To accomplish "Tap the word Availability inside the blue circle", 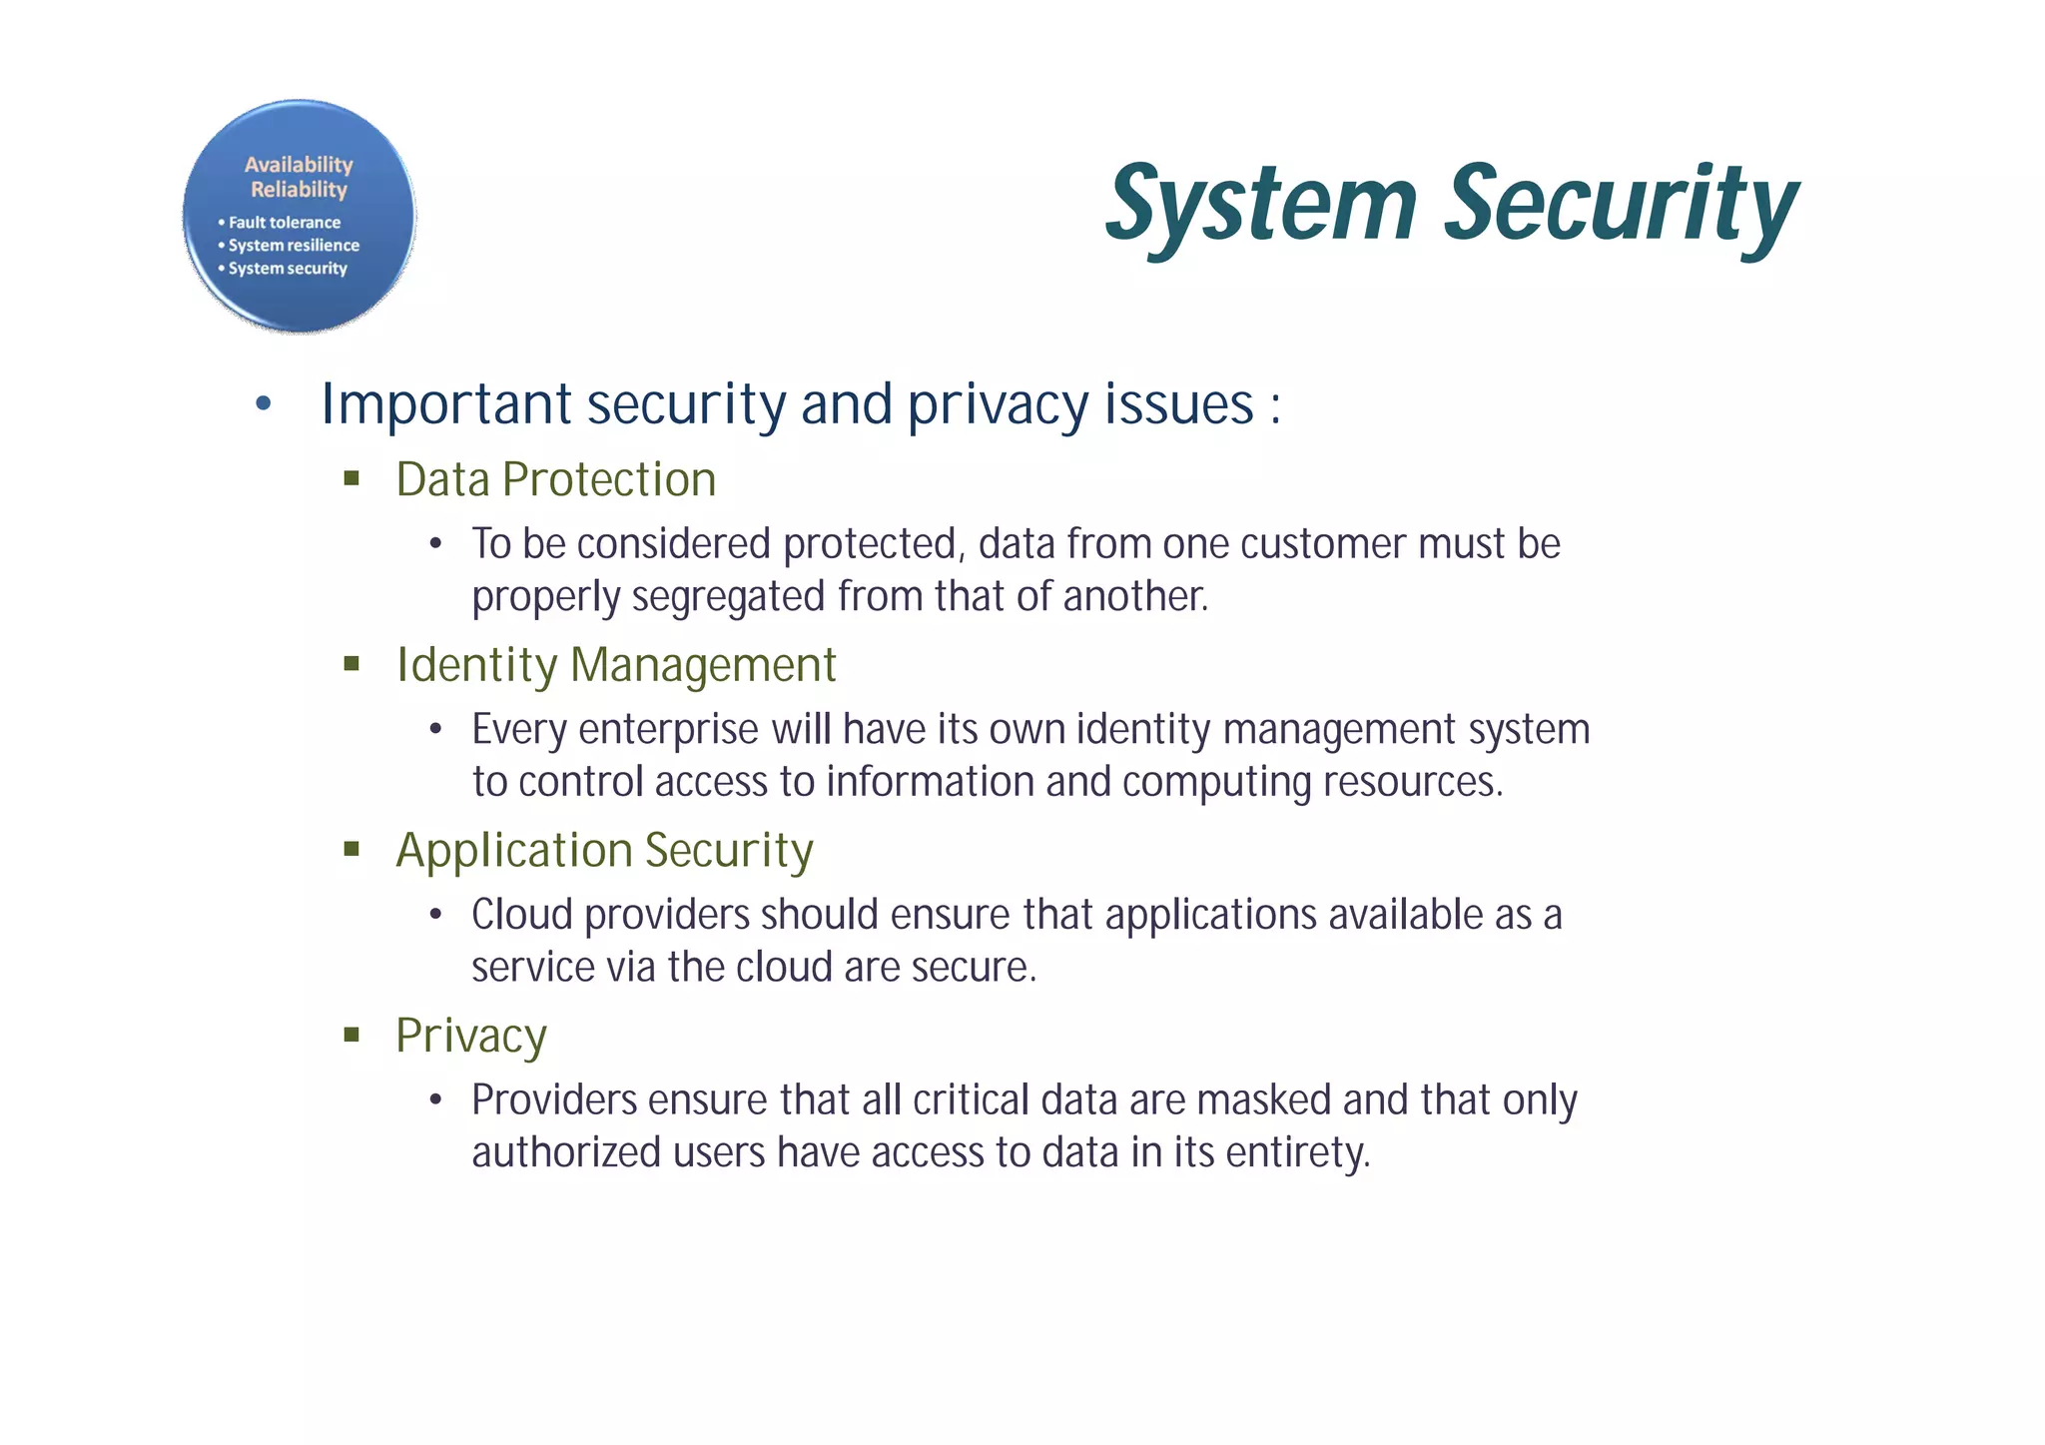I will tap(299, 165).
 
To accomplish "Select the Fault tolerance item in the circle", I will tap(284, 223).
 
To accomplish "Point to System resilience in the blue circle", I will tap(293, 246).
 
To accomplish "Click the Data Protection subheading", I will tap(555, 480).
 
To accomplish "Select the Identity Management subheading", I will tap(615, 666).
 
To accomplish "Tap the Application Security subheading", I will tap(604, 851).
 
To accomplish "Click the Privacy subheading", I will tap(470, 1037).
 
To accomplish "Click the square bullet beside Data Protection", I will tap(351, 478).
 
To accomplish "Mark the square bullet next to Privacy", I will tap(351, 1035).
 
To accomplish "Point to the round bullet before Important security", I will tap(263, 404).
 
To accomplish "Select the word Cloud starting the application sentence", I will tap(522, 915).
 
